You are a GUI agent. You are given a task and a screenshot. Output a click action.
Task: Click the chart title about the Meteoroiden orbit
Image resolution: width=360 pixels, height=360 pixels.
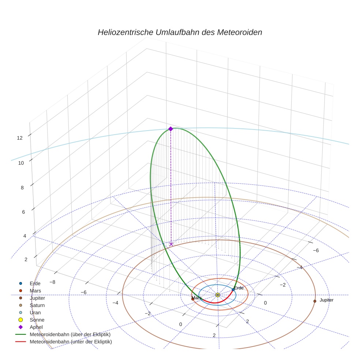[180, 32]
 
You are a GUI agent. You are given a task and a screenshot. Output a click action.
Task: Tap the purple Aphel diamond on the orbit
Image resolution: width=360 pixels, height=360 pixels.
[170, 129]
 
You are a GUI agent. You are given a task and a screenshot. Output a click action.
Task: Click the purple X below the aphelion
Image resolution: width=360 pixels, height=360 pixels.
[171, 244]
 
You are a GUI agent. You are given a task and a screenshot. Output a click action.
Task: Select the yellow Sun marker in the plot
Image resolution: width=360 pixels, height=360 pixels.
[218, 295]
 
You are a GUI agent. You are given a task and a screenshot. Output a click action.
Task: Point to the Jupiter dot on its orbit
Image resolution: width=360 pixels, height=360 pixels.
[315, 301]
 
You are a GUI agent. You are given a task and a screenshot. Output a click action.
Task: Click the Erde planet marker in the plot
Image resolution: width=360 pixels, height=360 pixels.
[233, 290]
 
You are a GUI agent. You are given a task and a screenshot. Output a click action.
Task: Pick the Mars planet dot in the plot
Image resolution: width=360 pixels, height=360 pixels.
[193, 299]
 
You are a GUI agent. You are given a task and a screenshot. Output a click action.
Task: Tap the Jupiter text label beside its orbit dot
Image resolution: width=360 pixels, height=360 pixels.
[326, 300]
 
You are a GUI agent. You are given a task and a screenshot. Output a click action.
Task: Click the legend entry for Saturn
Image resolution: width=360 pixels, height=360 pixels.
[37, 305]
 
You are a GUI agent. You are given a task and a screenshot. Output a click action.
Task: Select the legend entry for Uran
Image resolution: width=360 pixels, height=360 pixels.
[35, 312]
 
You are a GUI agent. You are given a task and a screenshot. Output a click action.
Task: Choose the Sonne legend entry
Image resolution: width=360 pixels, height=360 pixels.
[37, 320]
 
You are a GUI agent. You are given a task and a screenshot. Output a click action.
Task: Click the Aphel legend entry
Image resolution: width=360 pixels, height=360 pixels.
[36, 327]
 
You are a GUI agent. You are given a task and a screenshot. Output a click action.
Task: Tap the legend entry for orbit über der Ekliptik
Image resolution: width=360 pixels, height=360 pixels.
[70, 334]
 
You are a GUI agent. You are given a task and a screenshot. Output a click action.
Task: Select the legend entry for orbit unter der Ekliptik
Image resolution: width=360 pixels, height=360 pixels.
[71, 342]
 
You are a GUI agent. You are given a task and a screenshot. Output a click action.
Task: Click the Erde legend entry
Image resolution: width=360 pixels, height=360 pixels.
[35, 283]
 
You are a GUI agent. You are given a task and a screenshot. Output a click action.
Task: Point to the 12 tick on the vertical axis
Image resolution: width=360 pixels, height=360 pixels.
[20, 138]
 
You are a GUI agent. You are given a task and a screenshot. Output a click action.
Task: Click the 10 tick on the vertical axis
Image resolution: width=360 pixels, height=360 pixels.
[21, 163]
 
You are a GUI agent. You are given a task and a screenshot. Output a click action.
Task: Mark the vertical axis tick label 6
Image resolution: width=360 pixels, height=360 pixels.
[24, 212]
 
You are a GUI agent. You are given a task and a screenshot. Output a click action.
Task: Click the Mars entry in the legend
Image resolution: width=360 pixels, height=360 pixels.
[35, 290]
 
